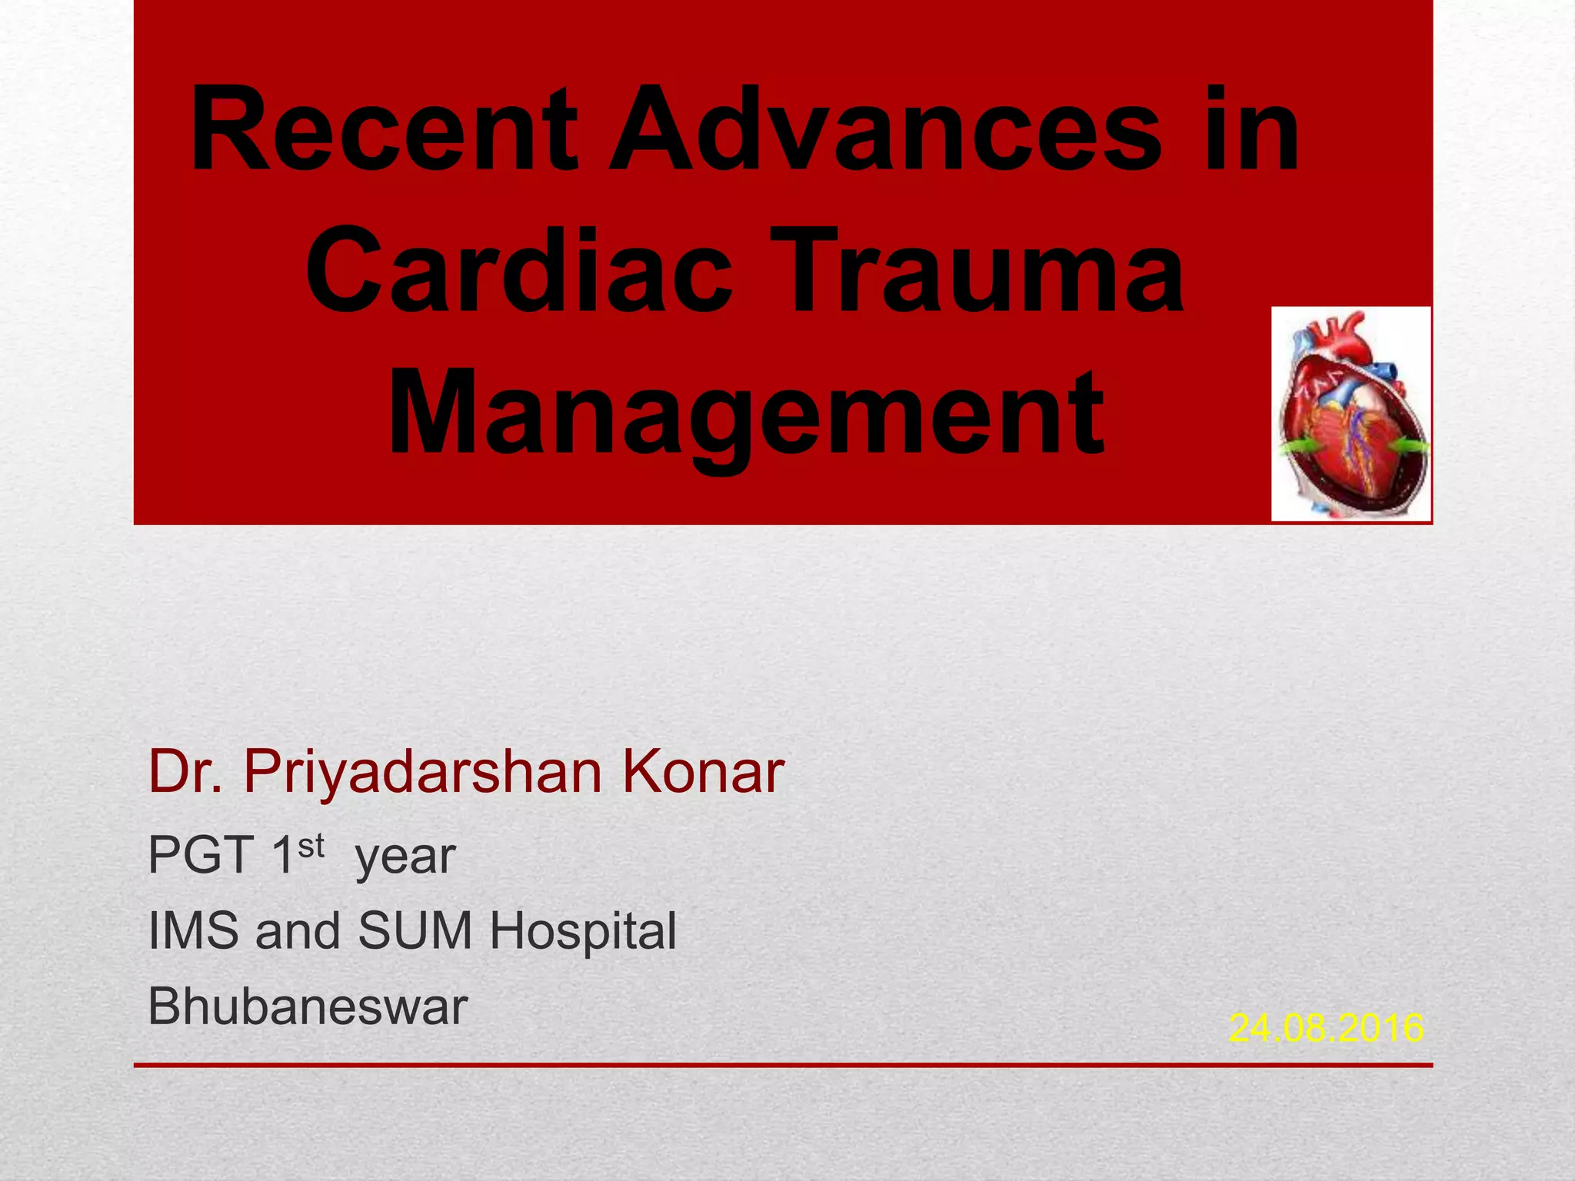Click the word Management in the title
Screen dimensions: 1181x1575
[x=746, y=415]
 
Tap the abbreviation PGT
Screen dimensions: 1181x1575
[x=201, y=855]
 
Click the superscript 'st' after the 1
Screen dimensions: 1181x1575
[x=311, y=846]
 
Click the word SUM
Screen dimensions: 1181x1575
[x=415, y=930]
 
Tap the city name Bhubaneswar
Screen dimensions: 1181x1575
[x=308, y=1006]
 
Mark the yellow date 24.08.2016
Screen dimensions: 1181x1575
[x=1326, y=1028]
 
